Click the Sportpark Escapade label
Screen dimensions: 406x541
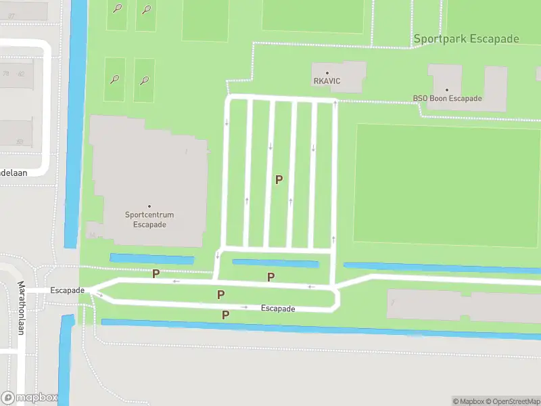(467, 39)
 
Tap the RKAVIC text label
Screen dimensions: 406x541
(327, 81)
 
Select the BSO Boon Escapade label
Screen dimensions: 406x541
(447, 99)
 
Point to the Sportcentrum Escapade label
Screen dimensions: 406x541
(149, 220)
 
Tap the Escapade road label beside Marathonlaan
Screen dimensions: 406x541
(67, 290)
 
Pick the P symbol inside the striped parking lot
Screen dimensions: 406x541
(279, 179)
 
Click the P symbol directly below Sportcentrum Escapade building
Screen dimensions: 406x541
(156, 273)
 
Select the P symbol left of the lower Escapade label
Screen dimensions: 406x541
(226, 315)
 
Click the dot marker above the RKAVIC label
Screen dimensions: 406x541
(327, 72)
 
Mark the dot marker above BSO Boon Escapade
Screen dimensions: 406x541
(447, 89)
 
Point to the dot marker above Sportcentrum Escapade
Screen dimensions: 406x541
(149, 206)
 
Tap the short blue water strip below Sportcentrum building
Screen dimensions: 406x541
(151, 258)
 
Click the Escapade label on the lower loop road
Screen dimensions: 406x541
(279, 309)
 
